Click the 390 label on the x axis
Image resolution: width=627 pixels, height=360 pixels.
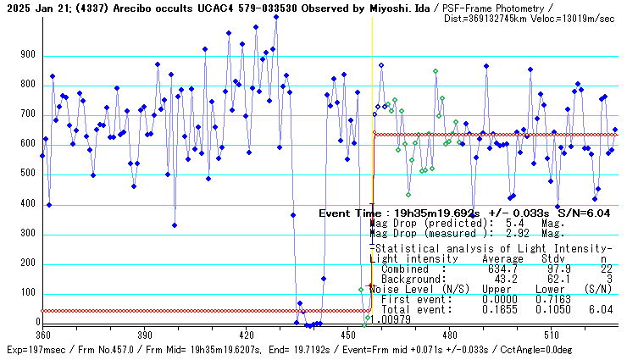tap(144, 335)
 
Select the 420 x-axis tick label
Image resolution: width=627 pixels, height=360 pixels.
tap(246, 335)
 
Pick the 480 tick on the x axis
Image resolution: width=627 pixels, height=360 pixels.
tap(450, 335)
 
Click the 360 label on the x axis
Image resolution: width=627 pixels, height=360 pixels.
tap(42, 335)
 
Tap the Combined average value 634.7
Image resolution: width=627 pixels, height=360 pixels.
tap(500, 269)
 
